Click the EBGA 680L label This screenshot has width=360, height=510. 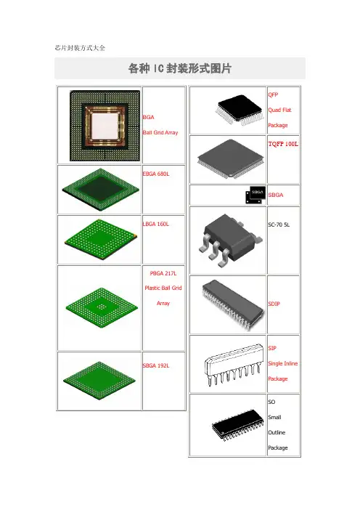point(156,174)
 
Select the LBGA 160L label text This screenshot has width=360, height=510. point(155,224)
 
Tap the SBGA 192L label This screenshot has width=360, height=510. point(156,365)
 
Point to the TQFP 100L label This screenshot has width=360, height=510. point(283,144)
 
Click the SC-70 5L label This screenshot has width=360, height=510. point(279,224)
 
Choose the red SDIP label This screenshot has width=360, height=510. point(274,304)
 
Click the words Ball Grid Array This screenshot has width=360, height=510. point(160,132)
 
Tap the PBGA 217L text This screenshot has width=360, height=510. point(163,273)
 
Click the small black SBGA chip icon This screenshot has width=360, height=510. point(255,195)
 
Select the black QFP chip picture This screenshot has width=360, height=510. point(240,109)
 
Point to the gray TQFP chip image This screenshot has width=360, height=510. point(230,158)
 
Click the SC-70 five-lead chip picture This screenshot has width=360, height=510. point(230,240)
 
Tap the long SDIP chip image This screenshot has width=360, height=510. point(233,304)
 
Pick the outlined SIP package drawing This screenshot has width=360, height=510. point(234,364)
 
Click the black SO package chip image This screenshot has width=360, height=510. point(238,425)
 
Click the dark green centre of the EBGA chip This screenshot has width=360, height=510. point(100,189)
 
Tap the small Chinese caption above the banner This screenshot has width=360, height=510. point(80,48)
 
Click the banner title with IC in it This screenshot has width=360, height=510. point(180,68)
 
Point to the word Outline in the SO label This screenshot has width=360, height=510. point(277,432)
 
